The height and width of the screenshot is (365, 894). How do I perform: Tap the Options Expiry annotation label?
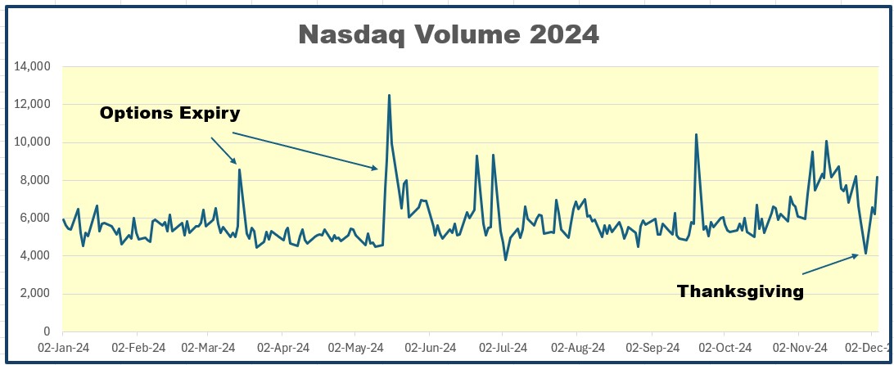coord(170,113)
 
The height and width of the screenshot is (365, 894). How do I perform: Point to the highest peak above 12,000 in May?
coord(389,95)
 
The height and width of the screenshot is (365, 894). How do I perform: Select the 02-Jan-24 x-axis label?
coord(62,349)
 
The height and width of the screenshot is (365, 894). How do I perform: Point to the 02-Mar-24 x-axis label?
coord(208,349)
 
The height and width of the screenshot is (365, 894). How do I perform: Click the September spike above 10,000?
coord(696,135)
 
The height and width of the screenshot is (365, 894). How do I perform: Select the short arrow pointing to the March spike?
coord(223,151)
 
